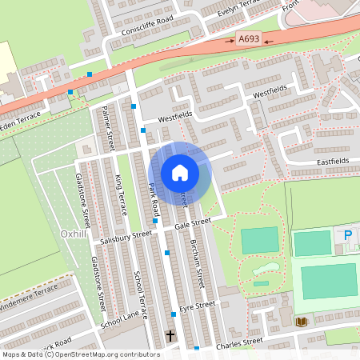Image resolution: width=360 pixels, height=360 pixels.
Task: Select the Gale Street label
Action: (x=192, y=224)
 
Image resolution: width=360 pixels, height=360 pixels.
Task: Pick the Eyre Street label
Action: (x=198, y=306)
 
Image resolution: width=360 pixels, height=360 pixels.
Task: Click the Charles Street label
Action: (x=239, y=342)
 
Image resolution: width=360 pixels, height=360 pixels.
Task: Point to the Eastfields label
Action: (x=331, y=162)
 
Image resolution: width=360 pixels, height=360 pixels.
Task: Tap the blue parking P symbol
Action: (x=347, y=235)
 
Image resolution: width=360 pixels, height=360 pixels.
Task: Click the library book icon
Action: (x=301, y=322)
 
